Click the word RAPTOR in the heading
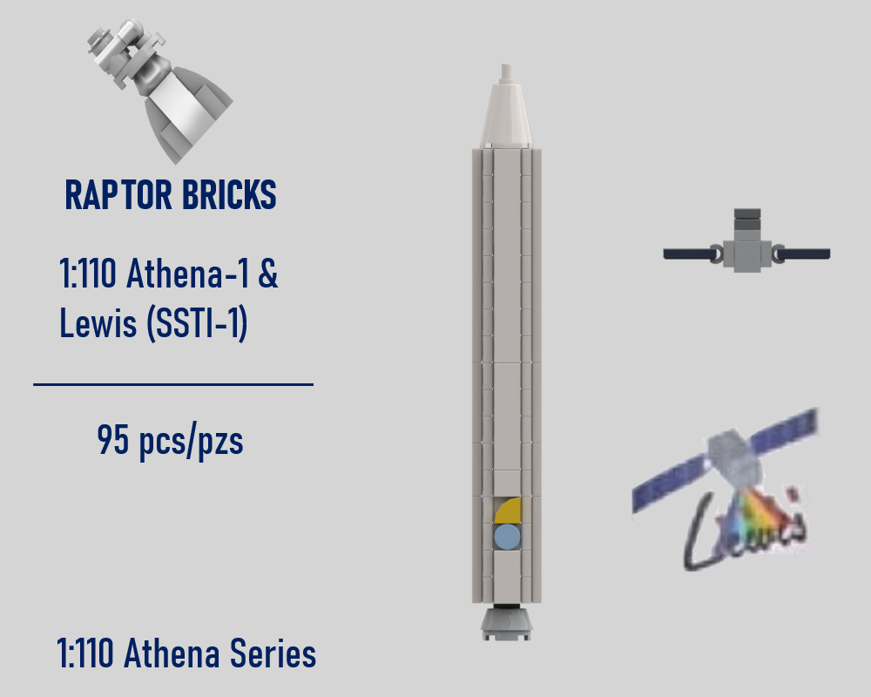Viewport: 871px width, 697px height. click(117, 196)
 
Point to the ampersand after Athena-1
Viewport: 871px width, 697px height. click(268, 276)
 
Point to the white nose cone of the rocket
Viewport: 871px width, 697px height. click(506, 113)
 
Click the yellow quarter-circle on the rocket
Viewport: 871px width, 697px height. click(509, 511)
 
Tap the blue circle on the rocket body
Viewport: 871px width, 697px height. click(507, 537)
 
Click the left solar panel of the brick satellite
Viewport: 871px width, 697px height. click(689, 254)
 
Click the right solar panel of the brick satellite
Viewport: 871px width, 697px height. click(804, 254)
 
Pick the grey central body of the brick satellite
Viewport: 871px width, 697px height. click(747, 253)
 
